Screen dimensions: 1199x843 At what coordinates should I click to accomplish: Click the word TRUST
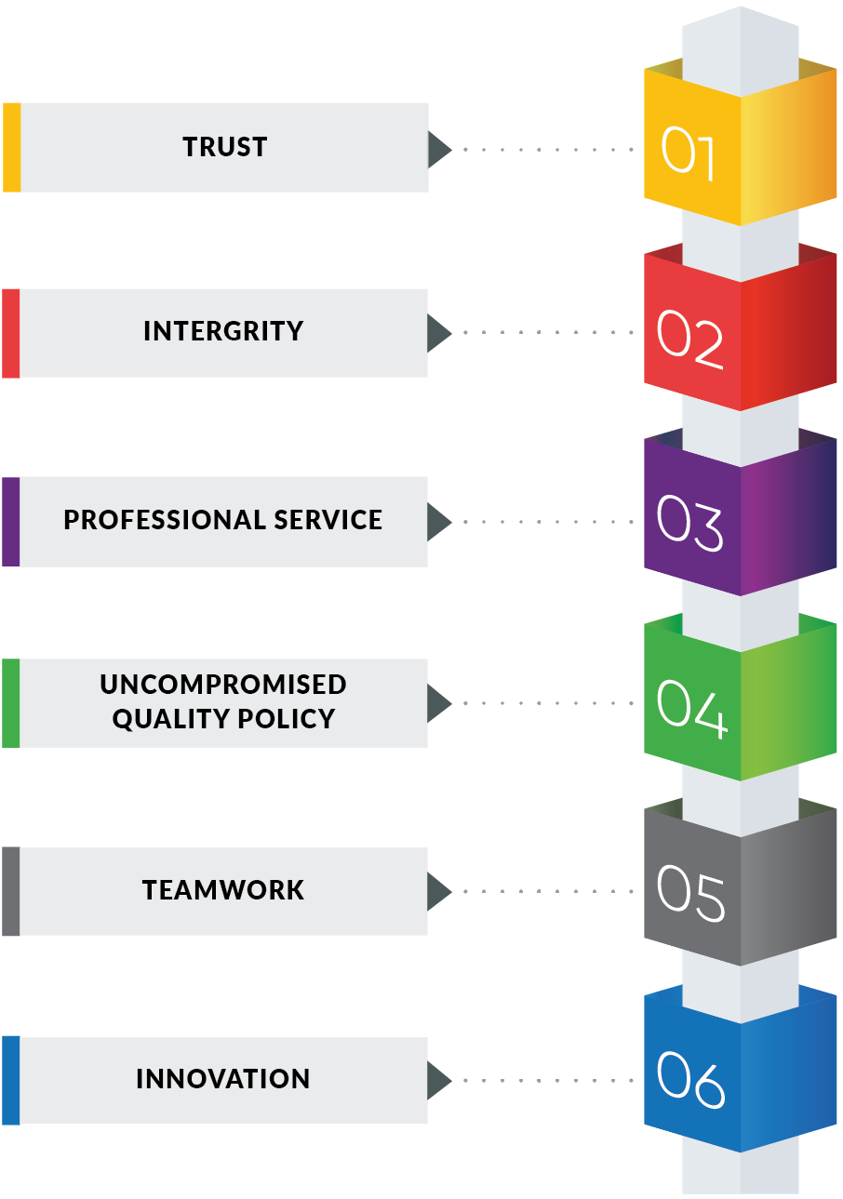click(224, 147)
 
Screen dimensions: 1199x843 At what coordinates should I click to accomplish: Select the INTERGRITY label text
click(223, 331)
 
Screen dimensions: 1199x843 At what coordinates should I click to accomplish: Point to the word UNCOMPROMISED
click(223, 685)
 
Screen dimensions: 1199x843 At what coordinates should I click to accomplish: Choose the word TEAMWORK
click(223, 890)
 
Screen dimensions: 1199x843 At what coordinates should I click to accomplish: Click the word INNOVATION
click(223, 1079)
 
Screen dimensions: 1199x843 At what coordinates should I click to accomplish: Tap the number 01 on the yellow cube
click(688, 153)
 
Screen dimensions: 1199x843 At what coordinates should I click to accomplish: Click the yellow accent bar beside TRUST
click(11, 147)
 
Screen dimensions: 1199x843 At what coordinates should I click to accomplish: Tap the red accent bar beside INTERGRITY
click(10, 333)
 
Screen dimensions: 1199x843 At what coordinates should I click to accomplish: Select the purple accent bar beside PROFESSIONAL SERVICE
click(10, 521)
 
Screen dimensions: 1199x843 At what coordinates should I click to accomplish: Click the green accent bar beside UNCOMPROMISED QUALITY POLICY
click(10, 702)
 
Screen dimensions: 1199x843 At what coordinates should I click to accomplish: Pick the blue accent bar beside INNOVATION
click(10, 1079)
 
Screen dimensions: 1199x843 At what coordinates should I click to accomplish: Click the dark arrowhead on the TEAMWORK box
click(438, 891)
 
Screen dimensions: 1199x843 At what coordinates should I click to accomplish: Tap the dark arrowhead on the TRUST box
click(438, 149)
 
